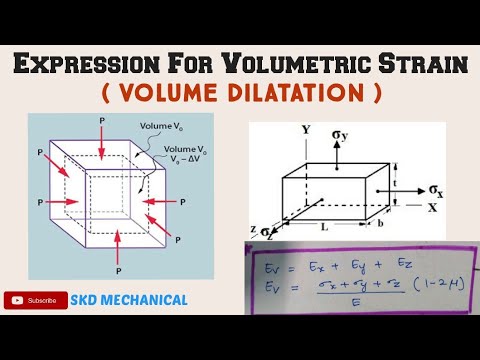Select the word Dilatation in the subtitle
coord(300,95)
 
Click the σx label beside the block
coord(437,188)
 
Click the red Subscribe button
coord(33,299)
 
